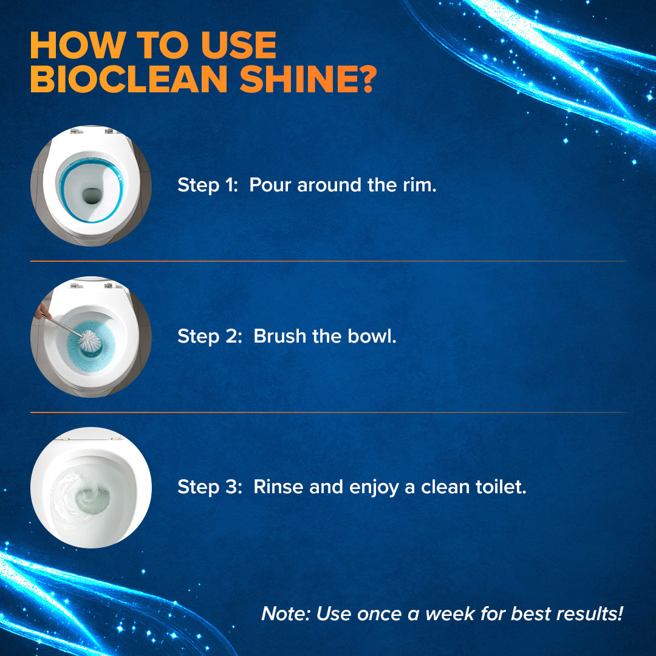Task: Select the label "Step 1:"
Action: pos(207,185)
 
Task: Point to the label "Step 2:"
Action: pos(209,336)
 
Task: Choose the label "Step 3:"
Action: pos(209,487)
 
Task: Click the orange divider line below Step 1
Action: pos(328,261)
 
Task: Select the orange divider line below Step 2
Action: pos(328,412)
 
